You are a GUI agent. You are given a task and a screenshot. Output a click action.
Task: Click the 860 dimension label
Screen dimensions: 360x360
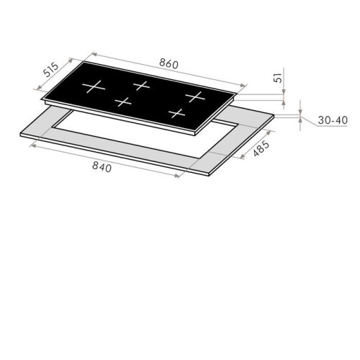point(168,63)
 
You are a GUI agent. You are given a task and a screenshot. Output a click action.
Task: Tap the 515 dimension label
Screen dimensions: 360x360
point(51,69)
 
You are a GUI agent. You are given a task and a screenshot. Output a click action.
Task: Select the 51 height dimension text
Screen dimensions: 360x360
point(278,78)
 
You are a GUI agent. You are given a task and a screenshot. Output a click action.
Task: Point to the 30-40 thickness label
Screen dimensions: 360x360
point(333,120)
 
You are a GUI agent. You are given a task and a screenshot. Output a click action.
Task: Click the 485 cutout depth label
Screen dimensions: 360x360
point(261,148)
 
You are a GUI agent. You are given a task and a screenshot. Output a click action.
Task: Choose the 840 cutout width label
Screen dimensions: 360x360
point(102,166)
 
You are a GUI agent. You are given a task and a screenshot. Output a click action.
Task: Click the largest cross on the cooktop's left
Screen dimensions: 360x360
point(94,86)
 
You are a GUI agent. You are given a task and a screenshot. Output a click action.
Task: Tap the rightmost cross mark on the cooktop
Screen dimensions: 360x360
point(195,96)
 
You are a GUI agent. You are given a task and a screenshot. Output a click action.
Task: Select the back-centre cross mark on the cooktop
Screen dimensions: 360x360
point(142,86)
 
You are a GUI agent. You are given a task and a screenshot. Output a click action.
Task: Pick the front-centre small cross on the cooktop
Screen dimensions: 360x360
point(123,102)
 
